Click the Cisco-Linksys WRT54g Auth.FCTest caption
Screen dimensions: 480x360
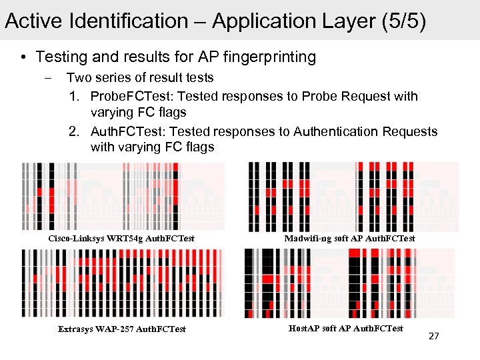pyautogui.click(x=121, y=238)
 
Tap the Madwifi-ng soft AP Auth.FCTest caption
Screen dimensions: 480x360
pyautogui.click(x=349, y=238)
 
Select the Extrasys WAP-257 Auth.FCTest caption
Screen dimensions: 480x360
pyautogui.click(x=121, y=329)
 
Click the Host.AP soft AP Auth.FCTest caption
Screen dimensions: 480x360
pyautogui.click(x=346, y=328)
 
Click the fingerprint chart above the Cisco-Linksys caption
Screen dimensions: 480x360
pyautogui.click(x=123, y=197)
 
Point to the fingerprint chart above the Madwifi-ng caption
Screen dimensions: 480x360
pyautogui.click(x=353, y=197)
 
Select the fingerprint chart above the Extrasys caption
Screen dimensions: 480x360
pyautogui.click(x=123, y=284)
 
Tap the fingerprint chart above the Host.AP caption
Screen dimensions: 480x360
pyautogui.click(x=349, y=284)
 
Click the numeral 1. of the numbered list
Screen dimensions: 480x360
pyautogui.click(x=75, y=96)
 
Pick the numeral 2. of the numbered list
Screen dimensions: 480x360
pyautogui.click(x=75, y=131)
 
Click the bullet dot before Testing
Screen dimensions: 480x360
pyautogui.click(x=23, y=58)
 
